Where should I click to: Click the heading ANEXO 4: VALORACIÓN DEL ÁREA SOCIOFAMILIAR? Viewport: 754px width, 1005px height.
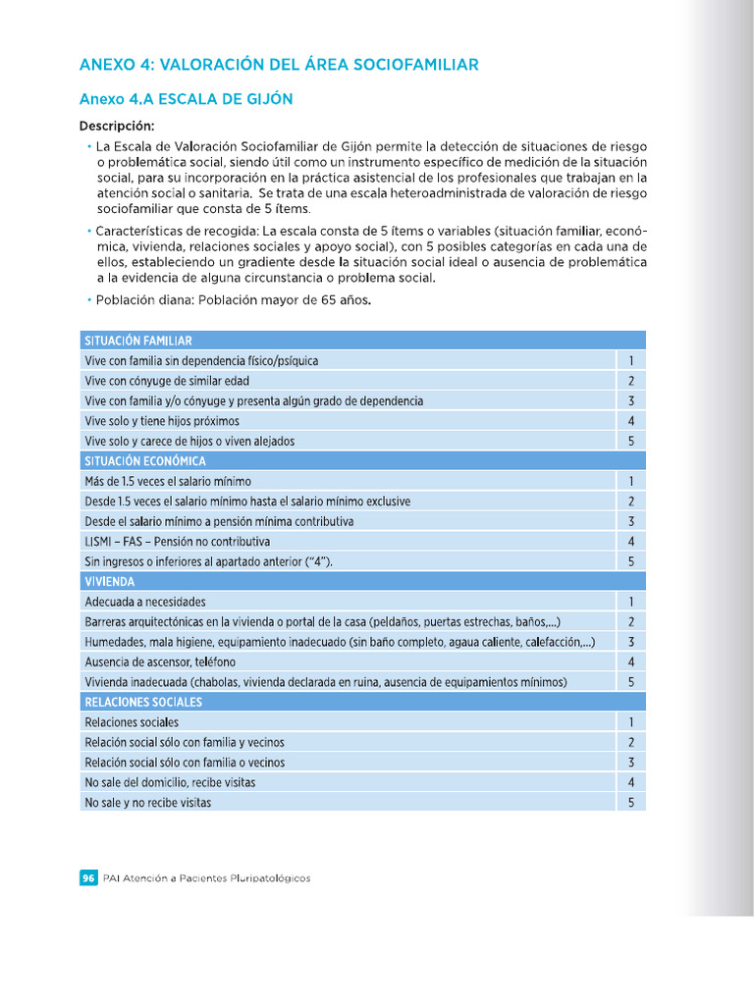coord(279,65)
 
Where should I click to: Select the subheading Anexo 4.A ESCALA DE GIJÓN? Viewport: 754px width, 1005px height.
coord(186,99)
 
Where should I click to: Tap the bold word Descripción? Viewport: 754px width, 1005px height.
coord(117,126)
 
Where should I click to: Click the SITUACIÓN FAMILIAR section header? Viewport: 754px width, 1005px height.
coord(138,341)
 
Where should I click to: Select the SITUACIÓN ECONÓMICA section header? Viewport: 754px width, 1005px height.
coord(145,461)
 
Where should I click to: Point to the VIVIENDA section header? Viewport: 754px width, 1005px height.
coord(110,581)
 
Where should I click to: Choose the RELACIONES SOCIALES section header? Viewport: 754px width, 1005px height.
coord(143,702)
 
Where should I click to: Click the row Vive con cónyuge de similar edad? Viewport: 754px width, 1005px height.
coord(167,381)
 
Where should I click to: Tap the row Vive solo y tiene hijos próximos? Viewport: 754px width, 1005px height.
coord(162,421)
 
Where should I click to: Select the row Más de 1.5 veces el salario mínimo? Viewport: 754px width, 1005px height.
coord(168,481)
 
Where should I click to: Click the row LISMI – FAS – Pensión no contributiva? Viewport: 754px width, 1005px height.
coord(178,542)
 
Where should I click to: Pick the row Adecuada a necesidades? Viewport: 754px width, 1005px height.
coord(145,602)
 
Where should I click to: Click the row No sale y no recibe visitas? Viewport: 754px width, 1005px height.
coord(148,802)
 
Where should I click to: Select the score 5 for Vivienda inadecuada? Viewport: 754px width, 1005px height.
coord(631,682)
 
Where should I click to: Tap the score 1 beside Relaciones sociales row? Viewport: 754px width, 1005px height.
coord(631,722)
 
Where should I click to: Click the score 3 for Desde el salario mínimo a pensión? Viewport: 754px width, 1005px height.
coord(631,521)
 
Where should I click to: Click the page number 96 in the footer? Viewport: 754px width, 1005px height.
coord(87,878)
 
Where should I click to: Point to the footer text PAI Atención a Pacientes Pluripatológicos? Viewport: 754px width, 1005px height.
coord(206,878)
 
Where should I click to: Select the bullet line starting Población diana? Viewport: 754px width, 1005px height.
coord(234,301)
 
